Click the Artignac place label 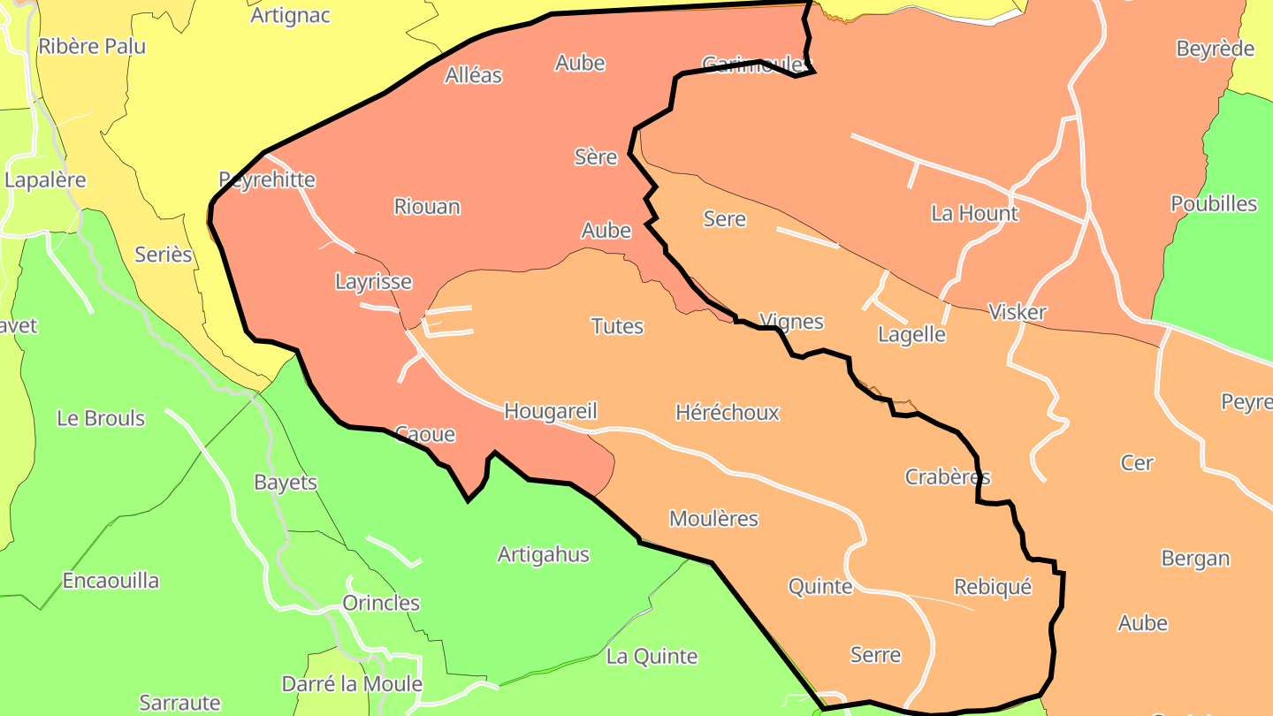[290, 15]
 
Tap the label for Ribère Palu [92, 46]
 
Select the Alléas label [474, 75]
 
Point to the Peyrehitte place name [267, 179]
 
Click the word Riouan [427, 206]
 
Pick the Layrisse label [373, 282]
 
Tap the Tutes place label [617, 326]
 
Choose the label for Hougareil [551, 411]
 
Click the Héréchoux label [728, 413]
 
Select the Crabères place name [948, 477]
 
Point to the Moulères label [713, 519]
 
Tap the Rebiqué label [993, 587]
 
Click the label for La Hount [974, 213]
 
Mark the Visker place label [1018, 312]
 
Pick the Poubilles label [1214, 204]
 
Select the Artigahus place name [544, 555]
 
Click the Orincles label [381, 603]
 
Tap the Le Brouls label [101, 418]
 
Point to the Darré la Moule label [352, 684]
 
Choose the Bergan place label [1195, 559]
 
